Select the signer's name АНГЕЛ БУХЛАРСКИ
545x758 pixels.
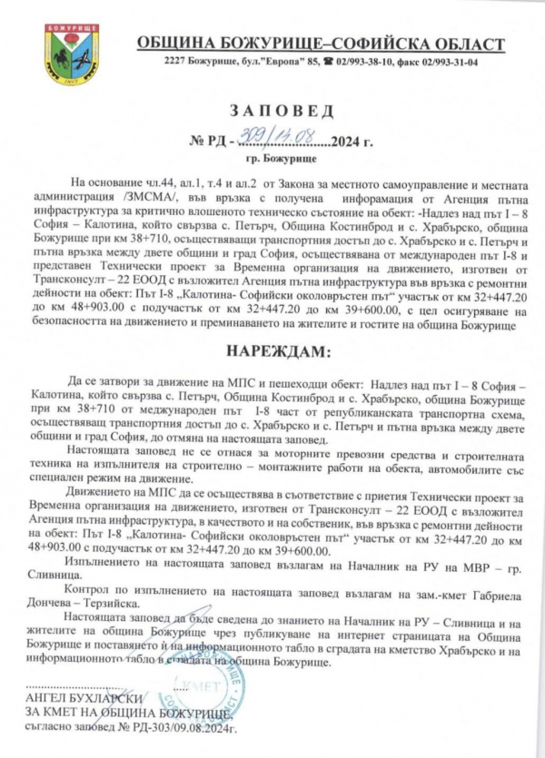(83, 698)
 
